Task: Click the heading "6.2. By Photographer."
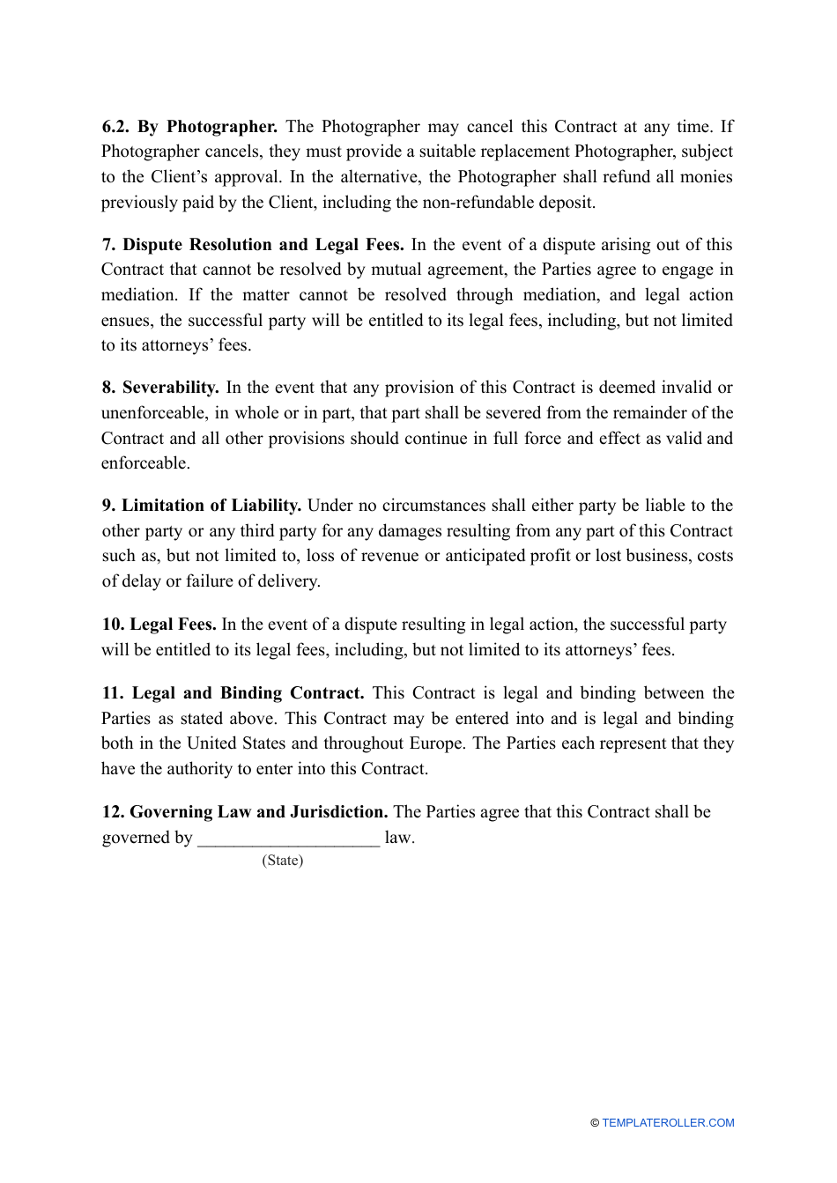click(189, 126)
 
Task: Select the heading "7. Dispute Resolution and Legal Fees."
click(253, 244)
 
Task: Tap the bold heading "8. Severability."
click(160, 387)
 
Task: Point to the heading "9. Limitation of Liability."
click(202, 505)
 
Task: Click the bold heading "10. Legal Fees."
click(159, 624)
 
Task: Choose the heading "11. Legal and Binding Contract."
click(233, 692)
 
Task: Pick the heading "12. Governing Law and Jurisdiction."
click(245, 811)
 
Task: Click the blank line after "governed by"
click(288, 838)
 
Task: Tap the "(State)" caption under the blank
click(282, 860)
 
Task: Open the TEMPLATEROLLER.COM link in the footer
click(668, 1123)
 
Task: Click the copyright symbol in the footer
click(595, 1123)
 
